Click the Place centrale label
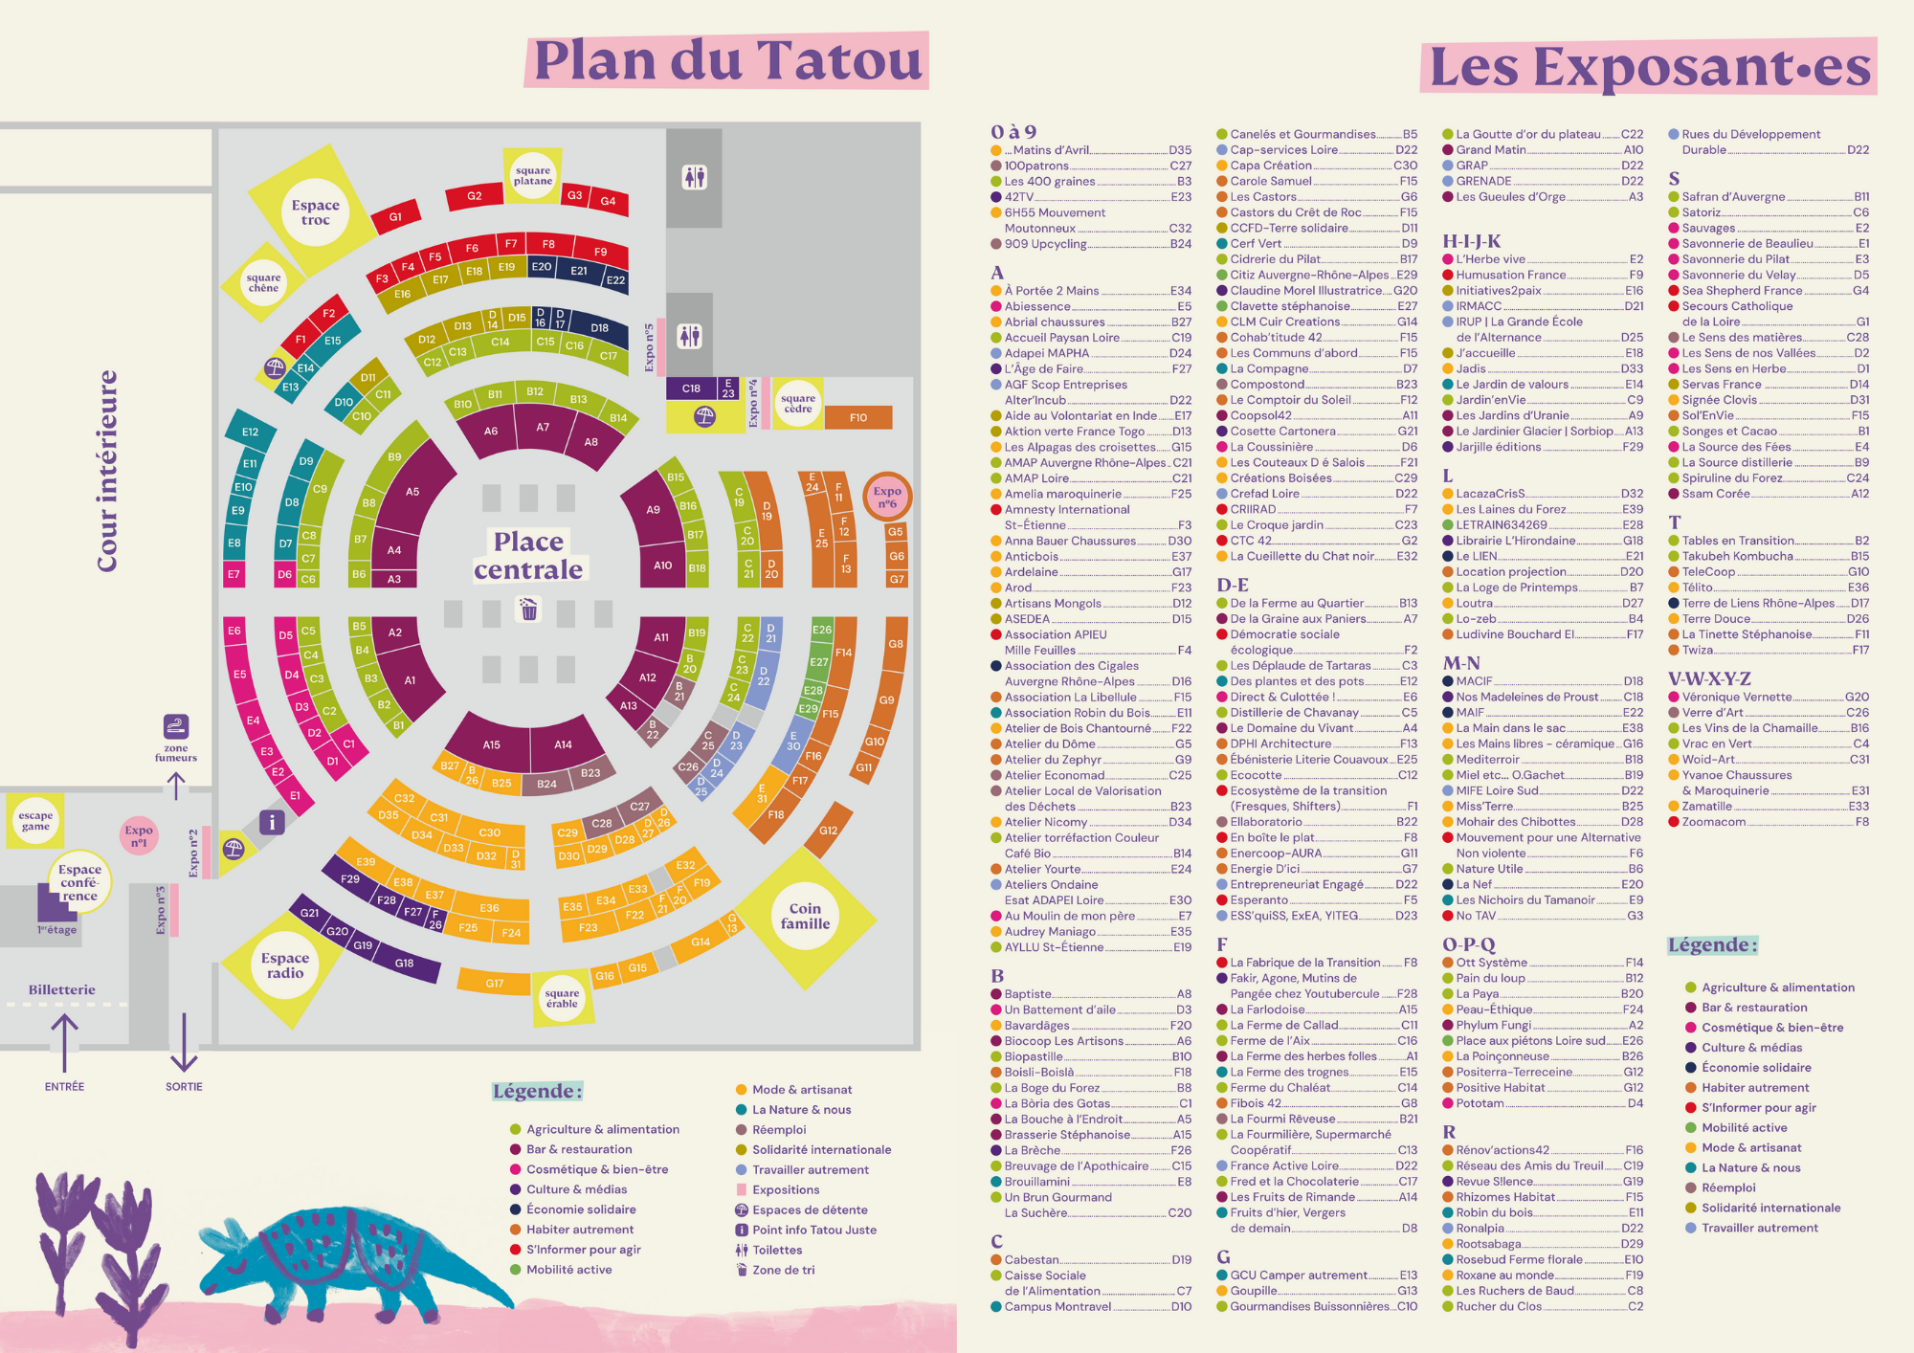point(528,556)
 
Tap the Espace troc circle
point(316,212)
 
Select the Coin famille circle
point(805,916)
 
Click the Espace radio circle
point(285,965)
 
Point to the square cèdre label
point(798,403)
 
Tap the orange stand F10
point(857,417)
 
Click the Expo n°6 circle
point(887,497)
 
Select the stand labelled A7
point(543,428)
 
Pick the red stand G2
point(475,196)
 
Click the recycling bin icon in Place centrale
point(528,609)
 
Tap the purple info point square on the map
point(272,822)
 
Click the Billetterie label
point(62,989)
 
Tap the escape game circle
point(35,821)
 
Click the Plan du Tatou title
point(727,60)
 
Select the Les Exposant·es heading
point(1649,67)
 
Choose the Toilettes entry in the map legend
point(777,1250)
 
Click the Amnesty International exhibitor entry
point(1067,510)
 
